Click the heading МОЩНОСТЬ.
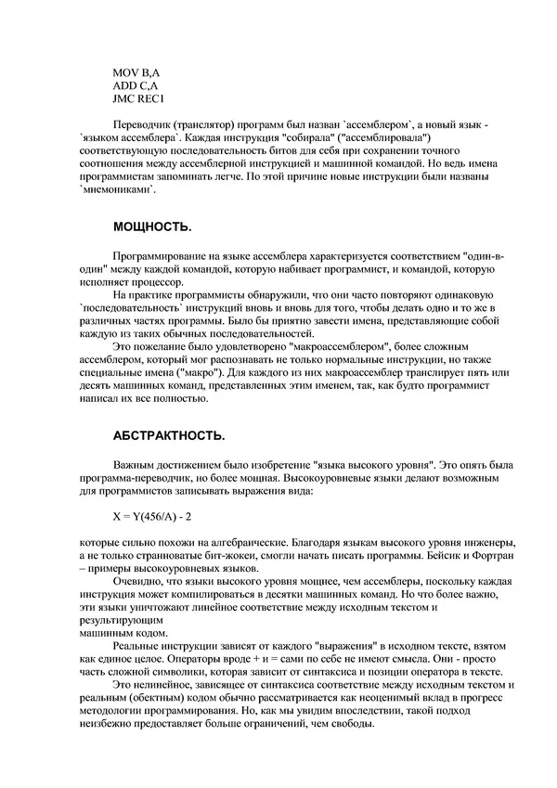[152, 226]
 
